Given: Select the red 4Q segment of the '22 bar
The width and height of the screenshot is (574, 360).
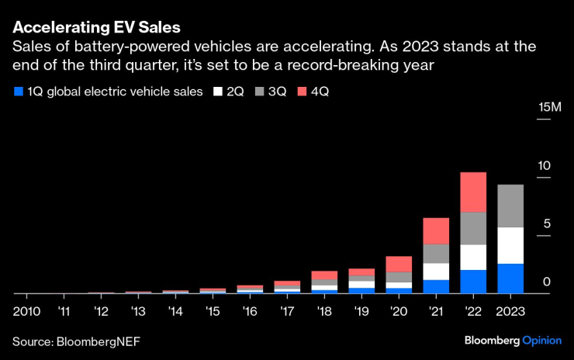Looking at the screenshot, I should pyautogui.click(x=473, y=192).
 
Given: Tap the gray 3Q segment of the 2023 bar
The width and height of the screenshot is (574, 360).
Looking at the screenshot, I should pyautogui.click(x=510, y=206).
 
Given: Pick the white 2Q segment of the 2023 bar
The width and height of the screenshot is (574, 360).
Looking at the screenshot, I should pyautogui.click(x=510, y=245).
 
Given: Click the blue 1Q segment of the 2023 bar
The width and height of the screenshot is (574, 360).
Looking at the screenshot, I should pyautogui.click(x=510, y=279).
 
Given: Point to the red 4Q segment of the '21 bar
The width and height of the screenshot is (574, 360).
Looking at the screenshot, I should pyautogui.click(x=436, y=230).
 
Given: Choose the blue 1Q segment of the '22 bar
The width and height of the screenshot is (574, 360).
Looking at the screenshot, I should pyautogui.click(x=473, y=282).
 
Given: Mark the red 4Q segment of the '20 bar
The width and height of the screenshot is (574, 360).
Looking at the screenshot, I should pyautogui.click(x=399, y=264).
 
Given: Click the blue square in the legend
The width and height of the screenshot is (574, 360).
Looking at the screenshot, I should pyautogui.click(x=18, y=92).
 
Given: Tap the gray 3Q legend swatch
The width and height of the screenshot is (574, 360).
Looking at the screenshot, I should pyautogui.click(x=258, y=92).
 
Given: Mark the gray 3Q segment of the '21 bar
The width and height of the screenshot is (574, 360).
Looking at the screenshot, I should pyautogui.click(x=436, y=254).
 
